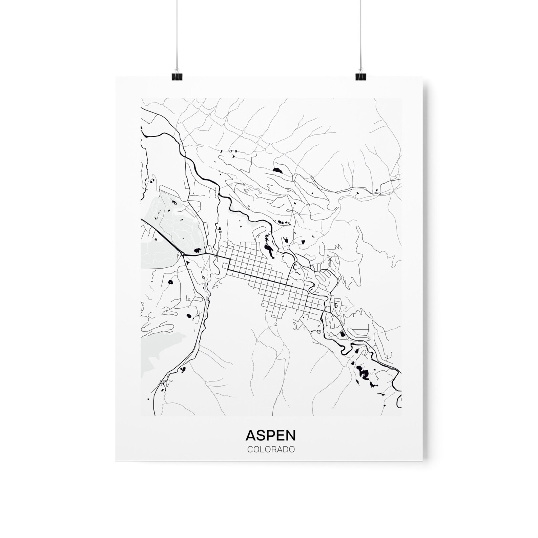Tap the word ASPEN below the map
pyautogui.click(x=271, y=435)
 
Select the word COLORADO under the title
pyautogui.click(x=271, y=450)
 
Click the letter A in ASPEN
pyautogui.click(x=251, y=435)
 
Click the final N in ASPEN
pyautogui.click(x=291, y=435)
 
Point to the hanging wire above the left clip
pyautogui.click(x=176, y=34)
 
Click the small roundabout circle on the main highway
pyautogui.click(x=182, y=253)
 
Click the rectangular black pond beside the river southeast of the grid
pyautogui.click(x=342, y=335)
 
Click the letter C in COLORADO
pyautogui.click(x=249, y=450)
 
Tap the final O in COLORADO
pyautogui.click(x=291, y=450)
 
